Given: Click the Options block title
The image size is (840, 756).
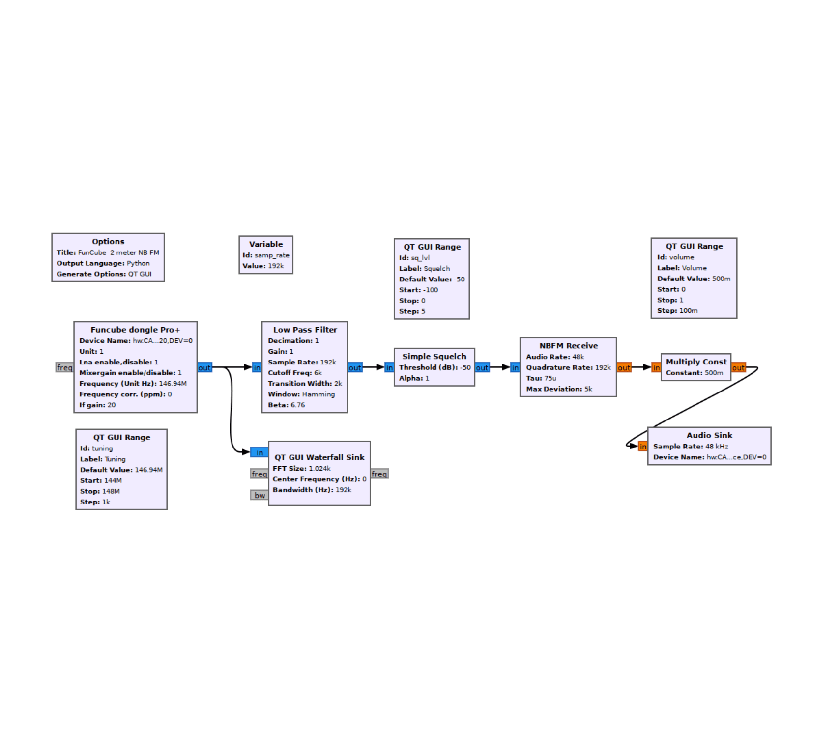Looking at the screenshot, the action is pos(108,241).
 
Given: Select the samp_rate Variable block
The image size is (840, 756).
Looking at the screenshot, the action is pos(266,254).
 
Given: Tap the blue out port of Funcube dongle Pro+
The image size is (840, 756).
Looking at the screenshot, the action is pos(204,367).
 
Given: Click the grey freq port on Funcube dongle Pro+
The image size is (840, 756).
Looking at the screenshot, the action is pos(64,367).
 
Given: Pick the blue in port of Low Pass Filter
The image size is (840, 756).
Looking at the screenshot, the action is pos(257,367).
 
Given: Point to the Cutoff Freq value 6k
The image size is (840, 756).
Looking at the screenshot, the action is pos(318,373).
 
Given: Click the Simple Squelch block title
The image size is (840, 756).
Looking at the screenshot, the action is pos(434,356).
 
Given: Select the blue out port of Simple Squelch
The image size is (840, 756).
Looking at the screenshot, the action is pos(482,367).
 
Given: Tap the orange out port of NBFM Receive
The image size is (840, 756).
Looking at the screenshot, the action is pos(624,367).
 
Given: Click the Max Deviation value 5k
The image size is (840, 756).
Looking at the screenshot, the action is pos(588,389).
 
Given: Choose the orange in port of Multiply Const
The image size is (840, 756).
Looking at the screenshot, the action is pos(656,367).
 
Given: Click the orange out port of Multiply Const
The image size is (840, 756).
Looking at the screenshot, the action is pos(738,367).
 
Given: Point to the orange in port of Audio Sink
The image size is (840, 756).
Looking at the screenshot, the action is pos(643,447).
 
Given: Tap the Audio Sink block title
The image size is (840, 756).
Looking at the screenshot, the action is pos(709,435).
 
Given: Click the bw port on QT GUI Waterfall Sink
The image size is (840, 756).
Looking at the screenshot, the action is pos(260,495).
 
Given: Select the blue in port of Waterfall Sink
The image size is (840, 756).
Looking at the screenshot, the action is pos(260,452).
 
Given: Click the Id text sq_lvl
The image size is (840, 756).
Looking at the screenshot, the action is pos(420,257).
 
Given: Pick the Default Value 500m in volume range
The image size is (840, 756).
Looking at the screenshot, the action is pos(721,279).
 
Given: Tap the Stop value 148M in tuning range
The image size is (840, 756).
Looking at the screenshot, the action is pos(111,491).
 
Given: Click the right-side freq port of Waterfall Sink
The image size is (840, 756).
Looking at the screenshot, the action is pos(379,474).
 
